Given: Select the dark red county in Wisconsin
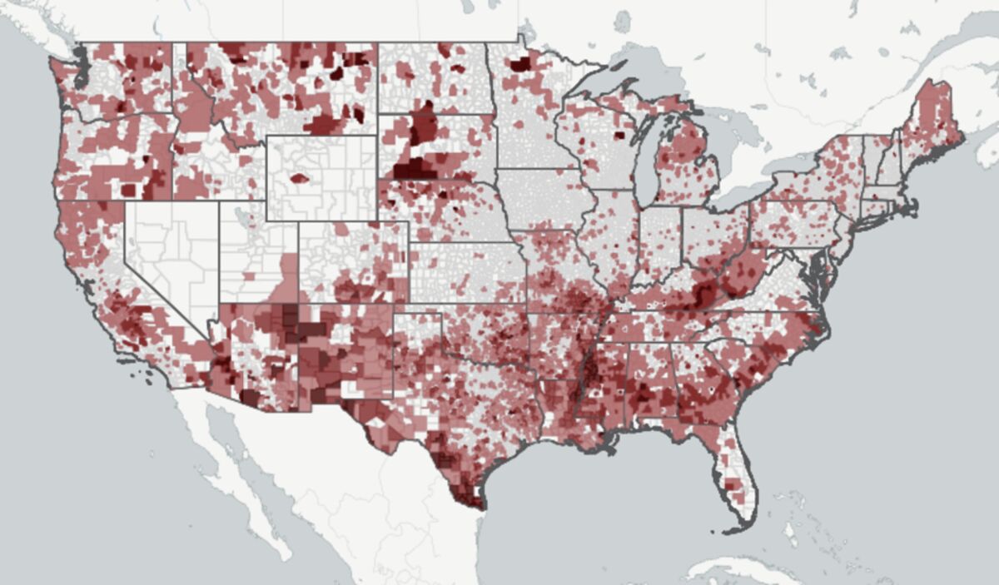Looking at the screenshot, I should [619, 136].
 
